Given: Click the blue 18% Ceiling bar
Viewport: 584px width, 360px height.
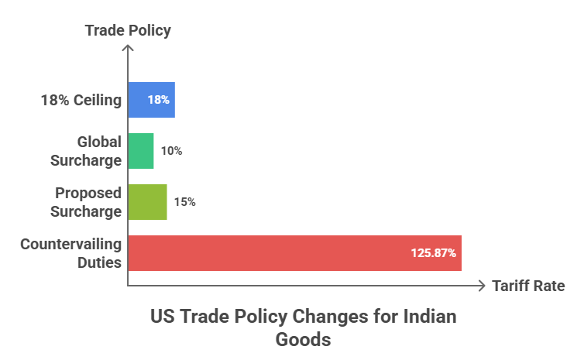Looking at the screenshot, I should click(151, 100).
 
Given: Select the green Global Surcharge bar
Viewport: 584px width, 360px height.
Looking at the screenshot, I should click(140, 151).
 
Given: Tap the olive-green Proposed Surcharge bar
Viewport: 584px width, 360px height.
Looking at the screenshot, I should click(147, 202).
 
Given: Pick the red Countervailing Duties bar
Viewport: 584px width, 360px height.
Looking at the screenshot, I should click(294, 253).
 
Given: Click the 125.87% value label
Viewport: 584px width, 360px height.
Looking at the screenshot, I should click(432, 253).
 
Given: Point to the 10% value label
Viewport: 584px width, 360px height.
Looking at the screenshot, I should click(171, 151).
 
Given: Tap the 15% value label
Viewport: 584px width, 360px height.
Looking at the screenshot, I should click(184, 202).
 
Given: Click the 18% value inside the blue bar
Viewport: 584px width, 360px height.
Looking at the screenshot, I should click(158, 100).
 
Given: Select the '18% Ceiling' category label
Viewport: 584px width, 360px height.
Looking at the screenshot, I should click(81, 100).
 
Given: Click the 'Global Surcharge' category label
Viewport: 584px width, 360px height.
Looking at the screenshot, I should click(86, 151).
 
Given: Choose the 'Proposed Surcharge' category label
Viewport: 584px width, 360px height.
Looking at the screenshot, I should click(88, 202).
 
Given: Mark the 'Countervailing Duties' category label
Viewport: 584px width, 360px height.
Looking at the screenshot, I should click(71, 253).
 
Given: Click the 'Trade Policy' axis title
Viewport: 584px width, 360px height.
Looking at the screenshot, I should click(128, 31).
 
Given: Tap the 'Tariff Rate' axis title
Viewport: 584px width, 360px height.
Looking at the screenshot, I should click(528, 286).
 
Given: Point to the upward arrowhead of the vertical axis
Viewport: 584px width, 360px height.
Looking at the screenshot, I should click(128, 49).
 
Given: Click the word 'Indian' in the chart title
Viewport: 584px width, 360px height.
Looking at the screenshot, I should click(428, 317).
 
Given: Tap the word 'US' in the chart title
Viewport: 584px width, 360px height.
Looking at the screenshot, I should click(162, 317).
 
